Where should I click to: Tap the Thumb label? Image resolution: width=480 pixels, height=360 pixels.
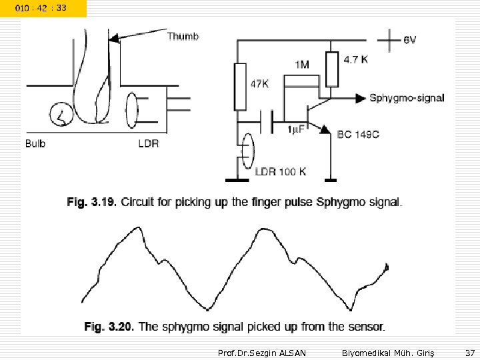[x=183, y=36]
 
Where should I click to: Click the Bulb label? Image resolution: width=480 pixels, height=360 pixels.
[x=35, y=143]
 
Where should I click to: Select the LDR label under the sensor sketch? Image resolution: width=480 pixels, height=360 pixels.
[x=149, y=143]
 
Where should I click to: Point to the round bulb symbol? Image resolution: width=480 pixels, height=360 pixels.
[x=61, y=115]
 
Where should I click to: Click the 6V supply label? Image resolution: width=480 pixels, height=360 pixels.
[x=410, y=39]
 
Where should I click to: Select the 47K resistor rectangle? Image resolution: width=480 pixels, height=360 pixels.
[x=241, y=87]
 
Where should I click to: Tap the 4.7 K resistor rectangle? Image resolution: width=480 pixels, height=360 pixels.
[x=331, y=70]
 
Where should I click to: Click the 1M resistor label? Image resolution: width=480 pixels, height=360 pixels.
[x=301, y=65]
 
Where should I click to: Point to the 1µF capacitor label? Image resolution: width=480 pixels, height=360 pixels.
[x=295, y=129]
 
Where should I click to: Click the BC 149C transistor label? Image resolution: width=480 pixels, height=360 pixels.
[x=358, y=134]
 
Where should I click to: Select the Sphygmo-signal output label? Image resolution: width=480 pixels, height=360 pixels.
[x=407, y=98]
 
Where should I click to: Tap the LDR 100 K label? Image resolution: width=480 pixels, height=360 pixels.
[x=281, y=171]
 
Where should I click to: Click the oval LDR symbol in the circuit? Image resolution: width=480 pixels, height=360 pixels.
[x=246, y=151]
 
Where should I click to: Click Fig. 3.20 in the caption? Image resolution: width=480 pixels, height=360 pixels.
[x=109, y=327]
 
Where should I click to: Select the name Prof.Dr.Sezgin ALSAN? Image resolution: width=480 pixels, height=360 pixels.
[x=262, y=351]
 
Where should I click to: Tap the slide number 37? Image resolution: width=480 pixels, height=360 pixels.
[x=470, y=351]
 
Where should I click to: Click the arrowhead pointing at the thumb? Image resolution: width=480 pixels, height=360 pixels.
[x=115, y=39]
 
